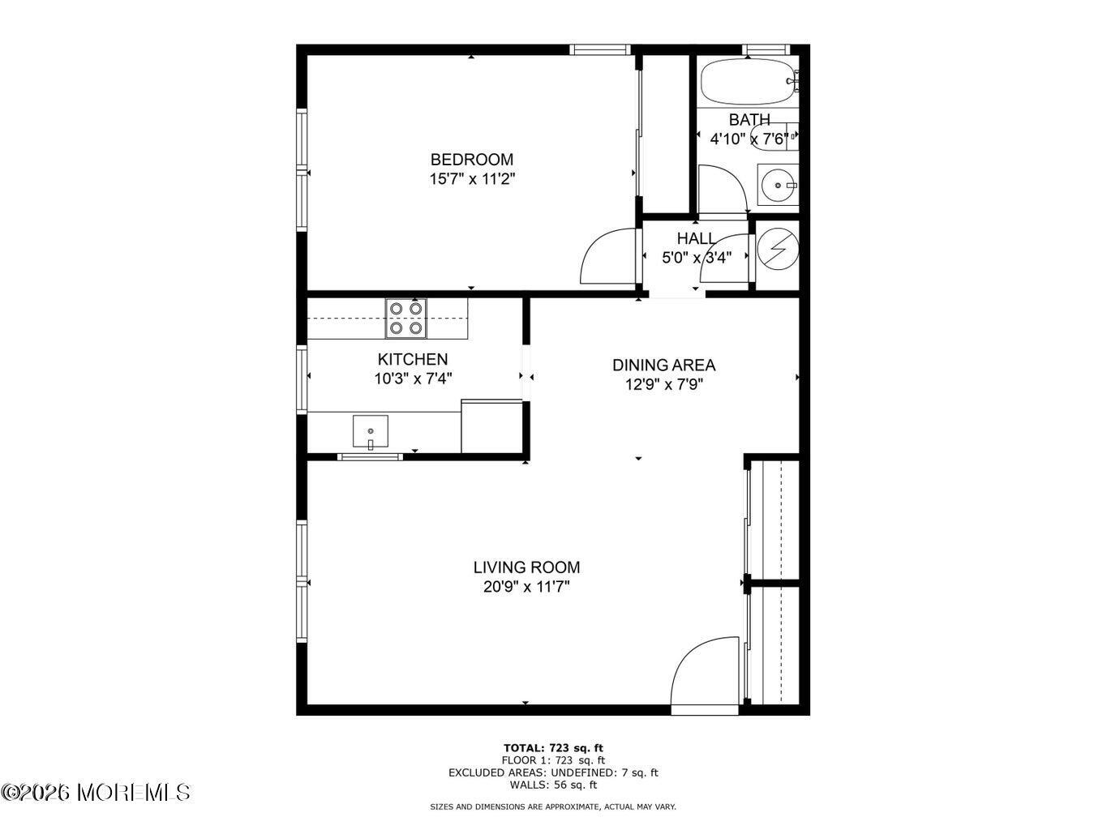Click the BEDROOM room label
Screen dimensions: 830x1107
click(471, 160)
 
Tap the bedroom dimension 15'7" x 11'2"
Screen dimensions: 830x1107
click(472, 179)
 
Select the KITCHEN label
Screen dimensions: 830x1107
click(412, 359)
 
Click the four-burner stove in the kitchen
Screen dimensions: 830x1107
click(405, 318)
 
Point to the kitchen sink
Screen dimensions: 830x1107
click(370, 431)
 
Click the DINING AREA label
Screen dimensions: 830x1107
click(663, 366)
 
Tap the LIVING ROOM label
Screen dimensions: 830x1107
click(526, 567)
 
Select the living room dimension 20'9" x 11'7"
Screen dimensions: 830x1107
click(526, 587)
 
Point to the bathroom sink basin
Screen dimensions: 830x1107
click(779, 186)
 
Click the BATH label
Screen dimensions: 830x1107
click(749, 120)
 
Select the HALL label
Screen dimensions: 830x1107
click(696, 238)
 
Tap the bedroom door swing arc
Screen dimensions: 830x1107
click(607, 258)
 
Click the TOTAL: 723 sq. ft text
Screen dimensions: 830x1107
click(553, 747)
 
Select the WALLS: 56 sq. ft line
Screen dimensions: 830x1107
click(553, 785)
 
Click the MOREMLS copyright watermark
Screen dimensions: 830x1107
click(96, 792)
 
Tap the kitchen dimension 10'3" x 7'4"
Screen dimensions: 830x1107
click(412, 378)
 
